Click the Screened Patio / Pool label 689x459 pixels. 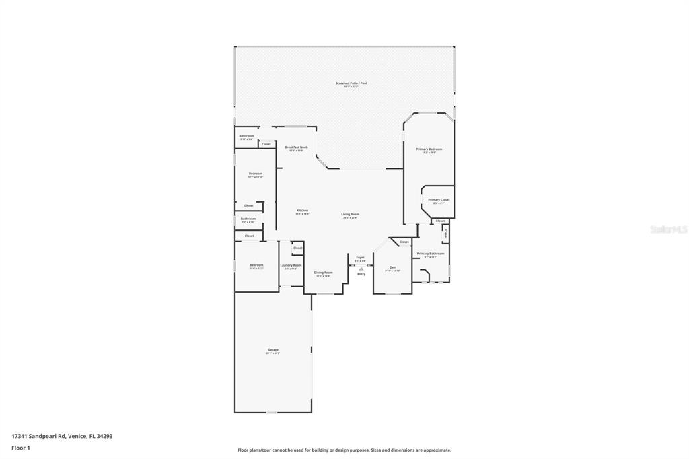pyautogui.click(x=351, y=83)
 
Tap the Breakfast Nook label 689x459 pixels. pyautogui.click(x=296, y=147)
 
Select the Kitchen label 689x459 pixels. pyautogui.click(x=303, y=211)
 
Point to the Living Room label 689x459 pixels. pyautogui.click(x=350, y=214)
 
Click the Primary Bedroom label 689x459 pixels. pyautogui.click(x=429, y=149)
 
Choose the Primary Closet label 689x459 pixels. pyautogui.click(x=439, y=200)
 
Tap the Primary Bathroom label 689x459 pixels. pyautogui.click(x=431, y=254)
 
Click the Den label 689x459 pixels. pyautogui.click(x=392, y=267)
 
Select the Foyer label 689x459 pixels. pyautogui.click(x=360, y=257)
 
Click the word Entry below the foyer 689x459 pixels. pyautogui.click(x=361, y=274)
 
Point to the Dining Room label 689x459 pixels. pyautogui.click(x=323, y=273)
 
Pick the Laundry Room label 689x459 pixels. pyautogui.click(x=291, y=265)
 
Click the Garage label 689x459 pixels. pyautogui.click(x=273, y=350)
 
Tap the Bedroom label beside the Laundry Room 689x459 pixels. pyautogui.click(x=256, y=265)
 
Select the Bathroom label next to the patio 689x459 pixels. pyautogui.click(x=246, y=136)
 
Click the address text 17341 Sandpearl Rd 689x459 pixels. pyautogui.click(x=39, y=436)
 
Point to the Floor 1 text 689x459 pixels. pyautogui.click(x=21, y=448)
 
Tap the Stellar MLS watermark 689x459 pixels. pyautogui.click(x=668, y=229)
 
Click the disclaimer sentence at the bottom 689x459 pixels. pyautogui.click(x=344, y=450)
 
